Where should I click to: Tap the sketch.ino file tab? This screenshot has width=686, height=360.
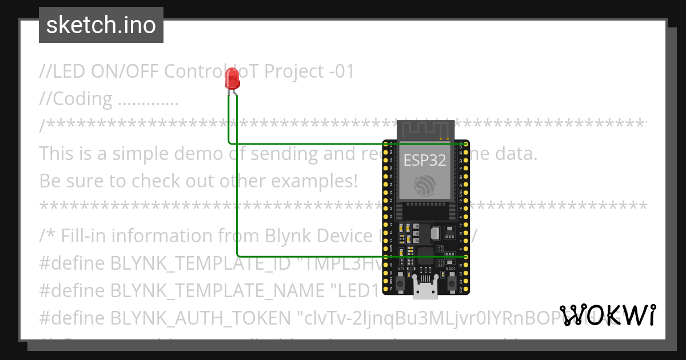pos(101,25)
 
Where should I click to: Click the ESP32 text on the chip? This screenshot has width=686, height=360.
pos(425,160)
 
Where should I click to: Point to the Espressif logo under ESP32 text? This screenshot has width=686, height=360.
pos(425,184)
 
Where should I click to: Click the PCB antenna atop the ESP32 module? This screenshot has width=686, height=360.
pos(425,130)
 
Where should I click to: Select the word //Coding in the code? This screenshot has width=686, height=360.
pos(76,99)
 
